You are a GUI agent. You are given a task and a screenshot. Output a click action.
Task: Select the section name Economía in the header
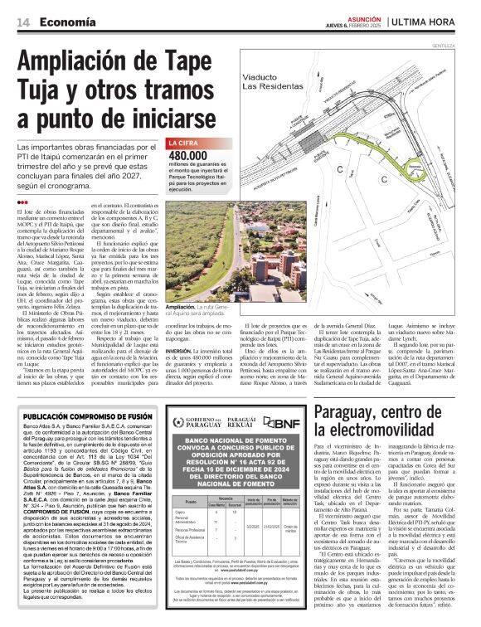66,21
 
